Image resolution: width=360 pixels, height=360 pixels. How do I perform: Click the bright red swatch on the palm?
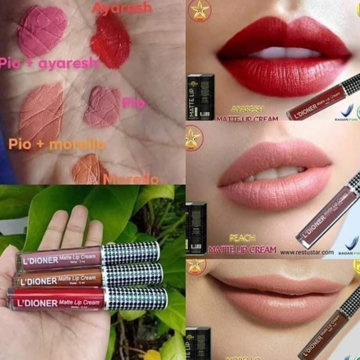pos(110,43)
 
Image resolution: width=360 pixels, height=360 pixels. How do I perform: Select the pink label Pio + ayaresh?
pos(48,63)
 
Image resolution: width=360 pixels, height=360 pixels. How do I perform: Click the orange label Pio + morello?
pos(57,144)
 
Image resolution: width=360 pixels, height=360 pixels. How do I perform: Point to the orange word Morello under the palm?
pos(130,180)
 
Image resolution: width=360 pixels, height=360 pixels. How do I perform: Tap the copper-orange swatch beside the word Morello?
pos(90,169)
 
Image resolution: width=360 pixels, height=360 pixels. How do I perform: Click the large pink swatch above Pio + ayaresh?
pos(42,30)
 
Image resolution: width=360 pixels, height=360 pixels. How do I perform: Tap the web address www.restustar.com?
pos(307,252)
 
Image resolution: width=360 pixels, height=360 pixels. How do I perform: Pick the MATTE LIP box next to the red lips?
pos(200,98)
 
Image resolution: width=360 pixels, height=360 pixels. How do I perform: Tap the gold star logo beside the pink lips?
pos(194,138)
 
